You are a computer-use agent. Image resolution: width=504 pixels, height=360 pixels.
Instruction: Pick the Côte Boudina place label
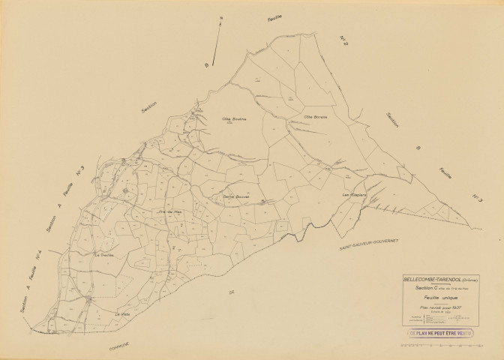pyautogui.click(x=234, y=118)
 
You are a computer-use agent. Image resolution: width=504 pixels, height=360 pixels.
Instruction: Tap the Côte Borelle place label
pyautogui.click(x=317, y=117)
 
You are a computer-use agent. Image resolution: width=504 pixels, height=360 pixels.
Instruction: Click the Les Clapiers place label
pyautogui.click(x=352, y=196)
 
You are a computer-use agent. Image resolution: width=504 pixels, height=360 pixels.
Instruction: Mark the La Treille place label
pyautogui.click(x=102, y=255)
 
